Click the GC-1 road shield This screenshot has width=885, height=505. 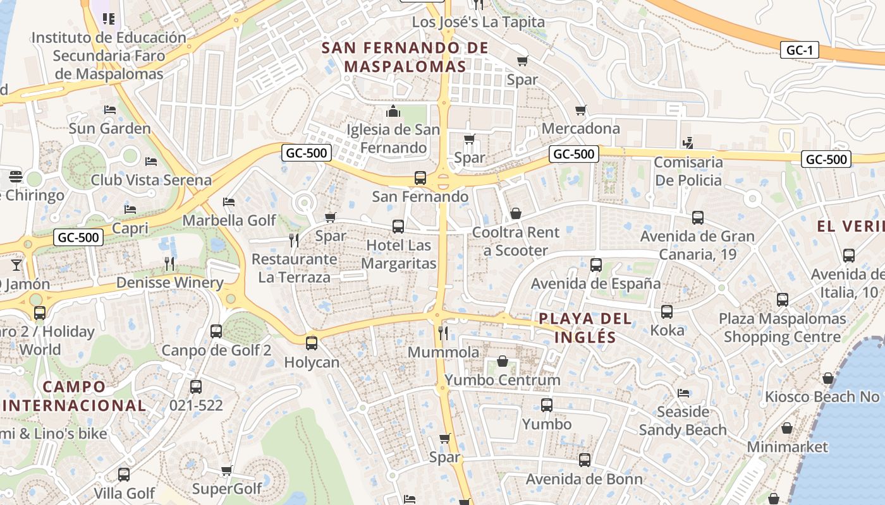coord(800,50)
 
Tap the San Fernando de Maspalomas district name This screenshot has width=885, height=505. coord(405,57)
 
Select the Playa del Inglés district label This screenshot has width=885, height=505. coord(585,328)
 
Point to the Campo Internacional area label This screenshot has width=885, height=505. coord(74,396)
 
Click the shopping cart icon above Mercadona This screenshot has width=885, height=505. coord(581,110)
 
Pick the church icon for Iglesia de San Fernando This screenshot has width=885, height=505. coord(393,112)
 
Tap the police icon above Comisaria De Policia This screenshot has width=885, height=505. coord(688,143)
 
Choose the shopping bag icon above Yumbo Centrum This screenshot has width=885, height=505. coord(503,361)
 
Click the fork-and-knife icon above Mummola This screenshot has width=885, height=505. coord(443,333)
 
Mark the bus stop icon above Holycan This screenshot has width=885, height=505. coord(311,343)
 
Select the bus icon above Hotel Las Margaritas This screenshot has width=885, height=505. coord(398,226)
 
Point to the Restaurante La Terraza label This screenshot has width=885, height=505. coord(294,268)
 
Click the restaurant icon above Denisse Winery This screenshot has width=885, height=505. coord(169,263)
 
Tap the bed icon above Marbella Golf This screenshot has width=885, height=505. coord(229,202)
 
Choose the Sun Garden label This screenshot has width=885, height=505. coord(109,129)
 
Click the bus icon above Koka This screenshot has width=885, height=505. coord(667,311)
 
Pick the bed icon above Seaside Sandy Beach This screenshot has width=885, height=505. coord(683,393)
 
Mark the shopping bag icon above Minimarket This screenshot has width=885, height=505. coord(787,428)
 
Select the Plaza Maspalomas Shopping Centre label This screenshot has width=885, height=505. coord(782,328)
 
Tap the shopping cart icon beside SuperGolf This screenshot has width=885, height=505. coord(227,470)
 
